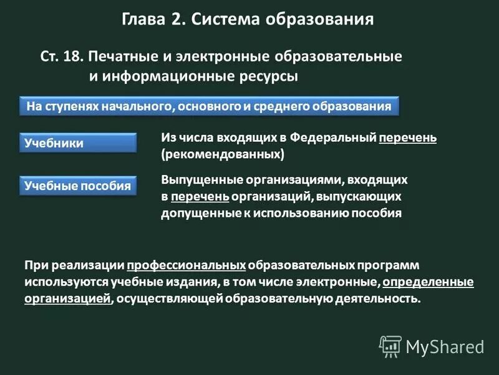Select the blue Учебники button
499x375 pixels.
click(77, 143)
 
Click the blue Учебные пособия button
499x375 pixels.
click(77, 186)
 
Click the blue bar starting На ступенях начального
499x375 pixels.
click(209, 106)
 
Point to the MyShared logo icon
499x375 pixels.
click(390, 346)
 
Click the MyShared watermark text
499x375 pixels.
click(444, 346)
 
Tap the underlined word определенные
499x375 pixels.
click(428, 281)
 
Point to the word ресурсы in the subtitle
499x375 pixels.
click(263, 76)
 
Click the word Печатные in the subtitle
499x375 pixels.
click(119, 57)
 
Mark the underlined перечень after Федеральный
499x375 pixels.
click(407, 137)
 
